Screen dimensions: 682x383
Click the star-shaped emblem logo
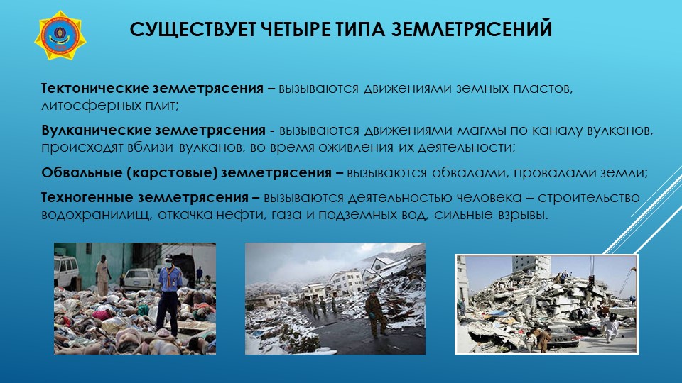(60, 35)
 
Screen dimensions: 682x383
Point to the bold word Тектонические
(94, 88)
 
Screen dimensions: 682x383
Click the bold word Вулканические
(96, 130)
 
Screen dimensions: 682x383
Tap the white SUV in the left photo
(66, 272)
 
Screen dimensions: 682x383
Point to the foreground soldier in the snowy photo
(375, 313)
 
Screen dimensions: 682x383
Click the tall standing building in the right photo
(531, 268)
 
